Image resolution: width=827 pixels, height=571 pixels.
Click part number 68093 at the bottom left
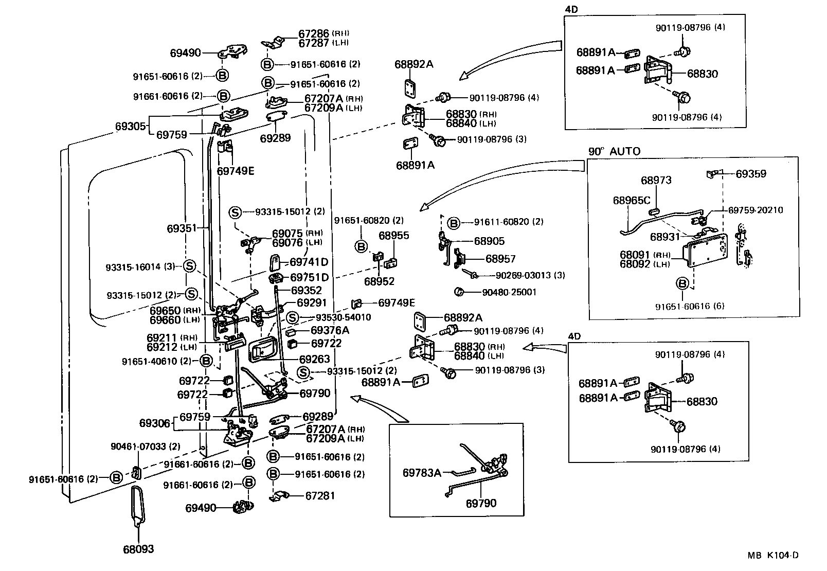coord(138,549)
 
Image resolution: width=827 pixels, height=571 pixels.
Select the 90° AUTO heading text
coord(614,151)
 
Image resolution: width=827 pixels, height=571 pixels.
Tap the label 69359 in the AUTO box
coord(750,174)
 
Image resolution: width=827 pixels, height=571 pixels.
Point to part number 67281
coord(320,496)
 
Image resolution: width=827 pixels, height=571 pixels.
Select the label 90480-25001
coord(509,292)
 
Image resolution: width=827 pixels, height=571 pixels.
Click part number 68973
coord(656,181)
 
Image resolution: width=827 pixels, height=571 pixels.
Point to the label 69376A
coord(330,330)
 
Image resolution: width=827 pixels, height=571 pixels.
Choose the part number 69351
coord(182,227)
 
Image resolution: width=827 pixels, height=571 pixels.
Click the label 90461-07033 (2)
coord(146,447)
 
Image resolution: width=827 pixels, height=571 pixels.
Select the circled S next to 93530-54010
coord(292,317)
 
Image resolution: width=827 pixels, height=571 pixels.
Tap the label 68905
coord(489,241)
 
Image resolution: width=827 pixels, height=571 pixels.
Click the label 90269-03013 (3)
coord(523,275)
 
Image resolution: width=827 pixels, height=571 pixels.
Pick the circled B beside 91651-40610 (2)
coord(206,361)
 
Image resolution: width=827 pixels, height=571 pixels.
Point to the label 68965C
coord(631,200)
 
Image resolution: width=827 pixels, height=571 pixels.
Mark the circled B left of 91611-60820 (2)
coord(453,222)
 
